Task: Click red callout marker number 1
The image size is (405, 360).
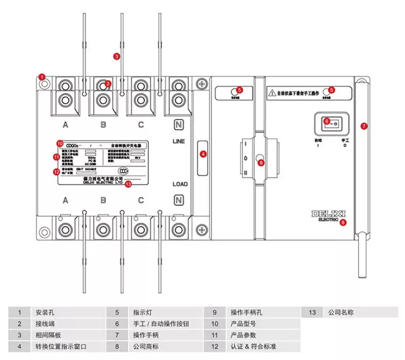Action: [43, 77]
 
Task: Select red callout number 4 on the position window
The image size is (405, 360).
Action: [203, 153]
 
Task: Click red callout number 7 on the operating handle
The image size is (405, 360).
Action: [364, 126]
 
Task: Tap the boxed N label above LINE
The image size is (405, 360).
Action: [178, 125]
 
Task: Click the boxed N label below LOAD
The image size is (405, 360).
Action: [178, 200]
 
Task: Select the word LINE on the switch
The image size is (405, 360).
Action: [179, 141]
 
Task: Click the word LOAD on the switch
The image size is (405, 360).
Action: [180, 184]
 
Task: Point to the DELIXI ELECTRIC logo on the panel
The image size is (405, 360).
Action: [328, 215]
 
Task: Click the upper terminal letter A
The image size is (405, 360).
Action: [66, 125]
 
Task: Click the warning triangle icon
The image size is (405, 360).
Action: [272, 93]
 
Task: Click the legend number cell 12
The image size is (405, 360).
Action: [215, 347]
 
